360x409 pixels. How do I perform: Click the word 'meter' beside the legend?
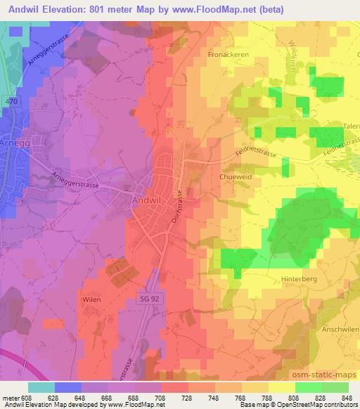tap(12, 397)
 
